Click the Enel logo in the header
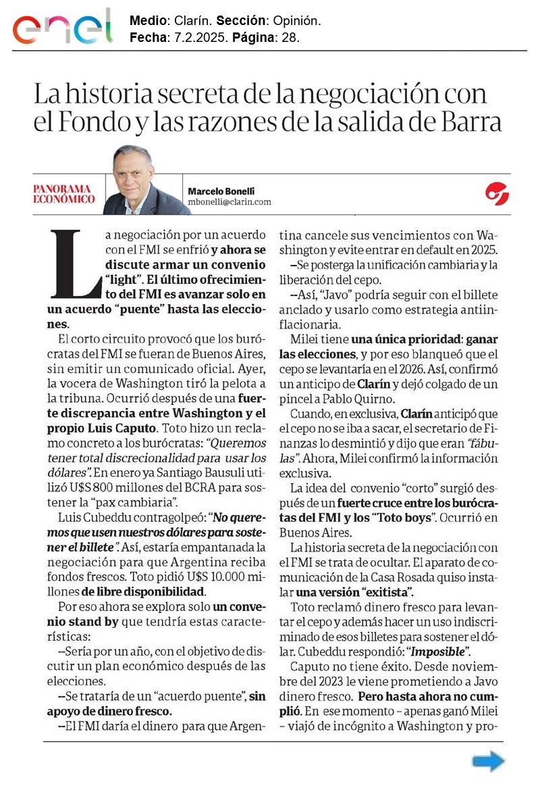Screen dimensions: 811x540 tap(62, 27)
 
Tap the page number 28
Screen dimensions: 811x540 tap(290, 38)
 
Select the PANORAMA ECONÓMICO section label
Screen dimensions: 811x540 tap(64, 194)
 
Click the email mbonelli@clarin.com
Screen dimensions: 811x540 tap(230, 201)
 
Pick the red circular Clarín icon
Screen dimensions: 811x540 tap(497, 194)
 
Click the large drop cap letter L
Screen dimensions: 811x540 tap(74, 263)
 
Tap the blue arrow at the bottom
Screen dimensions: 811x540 tap(488, 762)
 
